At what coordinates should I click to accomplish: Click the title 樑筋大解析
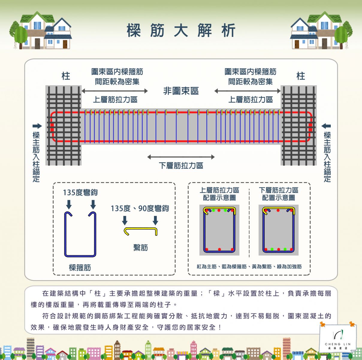(x=181, y=31)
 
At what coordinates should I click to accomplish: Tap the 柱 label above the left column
(x=66, y=76)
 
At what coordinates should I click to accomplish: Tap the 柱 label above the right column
(x=301, y=76)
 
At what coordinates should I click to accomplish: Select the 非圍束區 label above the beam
(x=181, y=91)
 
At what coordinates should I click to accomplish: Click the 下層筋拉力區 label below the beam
(x=181, y=165)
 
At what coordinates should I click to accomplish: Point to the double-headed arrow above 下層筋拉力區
(x=181, y=157)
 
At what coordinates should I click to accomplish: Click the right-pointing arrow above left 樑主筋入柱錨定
(x=37, y=126)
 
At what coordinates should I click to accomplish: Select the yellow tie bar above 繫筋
(x=141, y=231)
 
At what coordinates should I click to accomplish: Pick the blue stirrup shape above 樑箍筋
(x=80, y=234)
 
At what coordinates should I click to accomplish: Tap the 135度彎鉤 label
(x=80, y=192)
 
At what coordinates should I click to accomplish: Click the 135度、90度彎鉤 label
(x=140, y=208)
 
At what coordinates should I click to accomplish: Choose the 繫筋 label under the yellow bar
(x=141, y=247)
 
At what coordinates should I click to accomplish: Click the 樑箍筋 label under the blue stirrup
(x=80, y=267)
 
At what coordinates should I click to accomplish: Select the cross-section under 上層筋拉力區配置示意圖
(x=219, y=230)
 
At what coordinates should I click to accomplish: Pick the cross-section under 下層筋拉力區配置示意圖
(x=278, y=230)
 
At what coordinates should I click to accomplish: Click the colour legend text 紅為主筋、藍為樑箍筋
(x=249, y=266)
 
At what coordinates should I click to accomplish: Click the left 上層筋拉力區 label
(x=115, y=100)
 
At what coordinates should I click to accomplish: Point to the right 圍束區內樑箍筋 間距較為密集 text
(x=251, y=76)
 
